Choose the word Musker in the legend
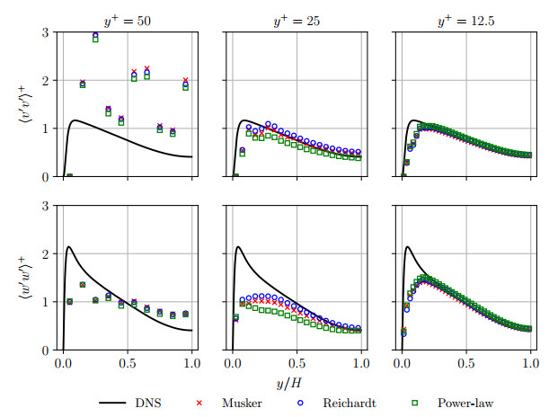pyautogui.click(x=242, y=403)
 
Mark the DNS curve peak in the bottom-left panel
pyautogui.click(x=69, y=247)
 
